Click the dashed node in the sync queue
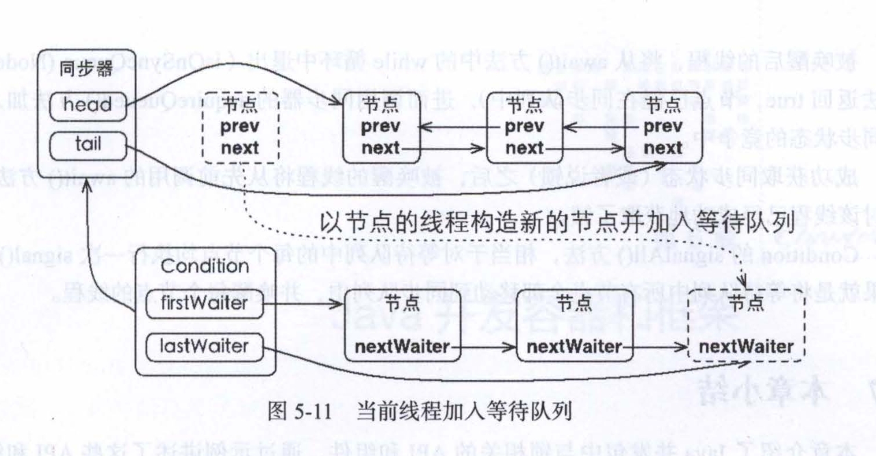tap(240, 127)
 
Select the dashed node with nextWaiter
tap(747, 326)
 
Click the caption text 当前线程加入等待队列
tap(464, 413)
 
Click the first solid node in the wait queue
tap(402, 326)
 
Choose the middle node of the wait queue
tap(574, 326)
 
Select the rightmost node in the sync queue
tap(663, 127)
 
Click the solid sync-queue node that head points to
tap(381, 127)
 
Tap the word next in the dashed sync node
tap(240, 147)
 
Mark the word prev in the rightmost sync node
tap(663, 127)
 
